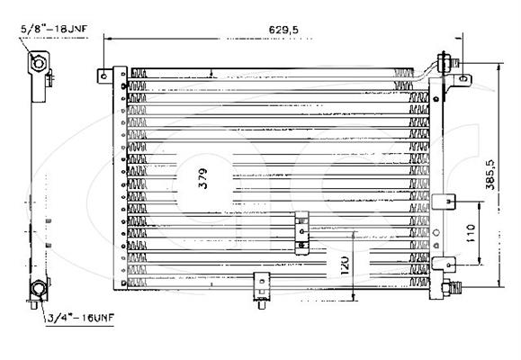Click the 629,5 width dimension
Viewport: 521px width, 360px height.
(283, 30)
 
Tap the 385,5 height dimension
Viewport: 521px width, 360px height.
(490, 175)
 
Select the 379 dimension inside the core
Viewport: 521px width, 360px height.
(202, 178)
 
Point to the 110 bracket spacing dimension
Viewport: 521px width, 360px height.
(471, 233)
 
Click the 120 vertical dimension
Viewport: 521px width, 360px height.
(345, 265)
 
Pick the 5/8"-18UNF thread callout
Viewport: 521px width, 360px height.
(54, 29)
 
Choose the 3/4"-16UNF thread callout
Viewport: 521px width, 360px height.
(80, 318)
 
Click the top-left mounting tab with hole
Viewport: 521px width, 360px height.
(105, 76)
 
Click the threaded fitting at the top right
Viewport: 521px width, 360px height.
(447, 62)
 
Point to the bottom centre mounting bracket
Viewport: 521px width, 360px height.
(262, 290)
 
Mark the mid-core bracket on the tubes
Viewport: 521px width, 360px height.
(301, 233)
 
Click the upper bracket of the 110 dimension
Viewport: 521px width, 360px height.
(444, 202)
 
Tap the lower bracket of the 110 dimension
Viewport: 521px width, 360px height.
(444, 265)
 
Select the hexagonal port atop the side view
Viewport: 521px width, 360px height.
(38, 63)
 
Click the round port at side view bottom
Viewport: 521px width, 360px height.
(38, 288)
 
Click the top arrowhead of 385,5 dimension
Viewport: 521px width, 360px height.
(499, 67)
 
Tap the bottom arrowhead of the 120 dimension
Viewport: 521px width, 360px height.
(354, 297)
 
